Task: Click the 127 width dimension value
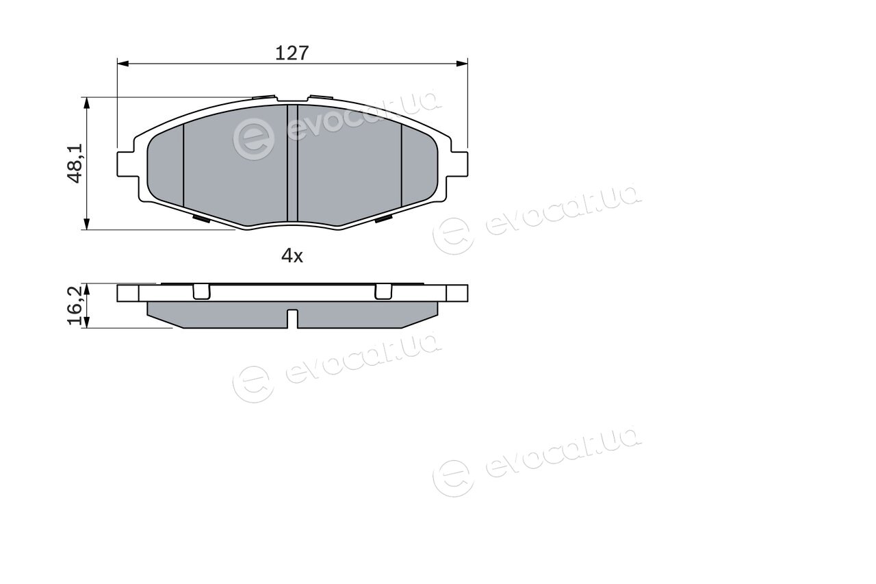[292, 53]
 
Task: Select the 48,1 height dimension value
[75, 163]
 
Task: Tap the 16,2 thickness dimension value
[75, 305]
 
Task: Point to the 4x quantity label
[292, 256]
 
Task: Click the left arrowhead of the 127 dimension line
[123, 64]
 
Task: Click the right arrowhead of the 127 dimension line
[462, 64]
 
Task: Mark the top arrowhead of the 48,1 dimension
[87, 103]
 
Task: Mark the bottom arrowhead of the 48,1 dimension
[87, 224]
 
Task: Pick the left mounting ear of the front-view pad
[127, 164]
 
